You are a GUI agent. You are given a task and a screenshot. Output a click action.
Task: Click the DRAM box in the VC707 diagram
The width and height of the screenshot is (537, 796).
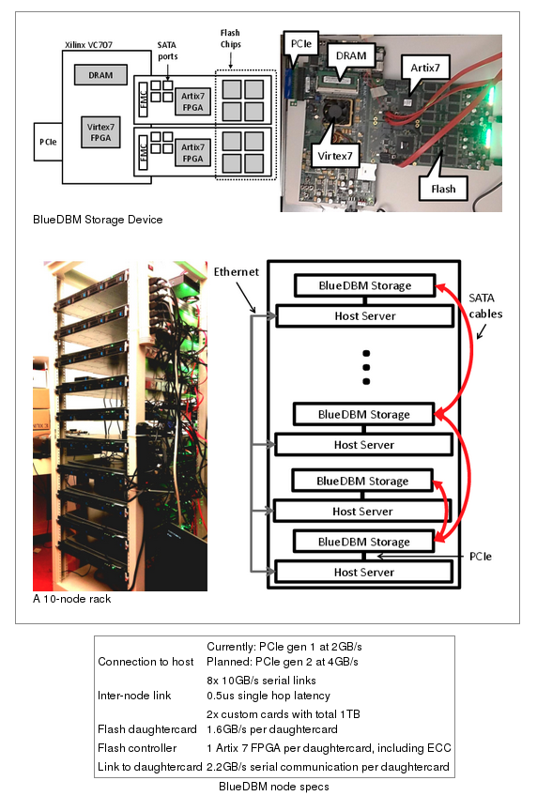100,75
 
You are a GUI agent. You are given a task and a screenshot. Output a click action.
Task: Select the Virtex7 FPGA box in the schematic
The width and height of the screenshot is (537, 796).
100,132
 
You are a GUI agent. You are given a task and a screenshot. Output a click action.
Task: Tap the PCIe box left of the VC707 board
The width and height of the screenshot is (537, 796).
48,142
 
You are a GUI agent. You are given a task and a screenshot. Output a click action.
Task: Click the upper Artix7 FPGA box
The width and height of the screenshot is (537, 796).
192,101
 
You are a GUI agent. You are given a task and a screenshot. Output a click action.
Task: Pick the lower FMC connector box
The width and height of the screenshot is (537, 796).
143,151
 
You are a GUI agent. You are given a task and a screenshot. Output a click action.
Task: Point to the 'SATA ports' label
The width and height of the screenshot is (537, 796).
167,51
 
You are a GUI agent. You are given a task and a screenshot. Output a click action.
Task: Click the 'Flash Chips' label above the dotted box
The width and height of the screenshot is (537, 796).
230,38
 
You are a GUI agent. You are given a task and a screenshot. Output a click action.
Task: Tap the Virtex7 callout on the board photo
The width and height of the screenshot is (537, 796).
335,156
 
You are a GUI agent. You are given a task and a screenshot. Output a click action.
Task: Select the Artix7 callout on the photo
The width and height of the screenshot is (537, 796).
425,68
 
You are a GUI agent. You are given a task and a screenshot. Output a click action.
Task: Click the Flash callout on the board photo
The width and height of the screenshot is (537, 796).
443,189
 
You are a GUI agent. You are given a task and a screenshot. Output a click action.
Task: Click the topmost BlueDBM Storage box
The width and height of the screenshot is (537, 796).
365,285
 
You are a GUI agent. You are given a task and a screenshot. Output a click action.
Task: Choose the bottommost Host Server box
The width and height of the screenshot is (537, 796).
364,572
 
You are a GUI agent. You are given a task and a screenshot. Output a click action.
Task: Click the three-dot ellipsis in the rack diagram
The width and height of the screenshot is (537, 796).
366,367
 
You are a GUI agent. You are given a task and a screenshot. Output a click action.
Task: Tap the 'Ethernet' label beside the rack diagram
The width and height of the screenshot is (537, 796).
236,271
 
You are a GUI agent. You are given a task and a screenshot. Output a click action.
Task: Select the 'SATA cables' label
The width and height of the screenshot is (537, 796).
485,306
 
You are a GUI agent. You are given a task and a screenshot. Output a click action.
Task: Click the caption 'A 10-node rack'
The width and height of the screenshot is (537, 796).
71,599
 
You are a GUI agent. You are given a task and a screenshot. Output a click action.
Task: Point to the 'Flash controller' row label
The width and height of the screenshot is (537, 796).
137,748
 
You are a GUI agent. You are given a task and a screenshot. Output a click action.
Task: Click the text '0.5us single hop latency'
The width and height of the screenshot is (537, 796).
268,696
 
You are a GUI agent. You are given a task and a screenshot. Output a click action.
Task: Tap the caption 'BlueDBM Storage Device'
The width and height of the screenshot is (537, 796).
98,220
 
